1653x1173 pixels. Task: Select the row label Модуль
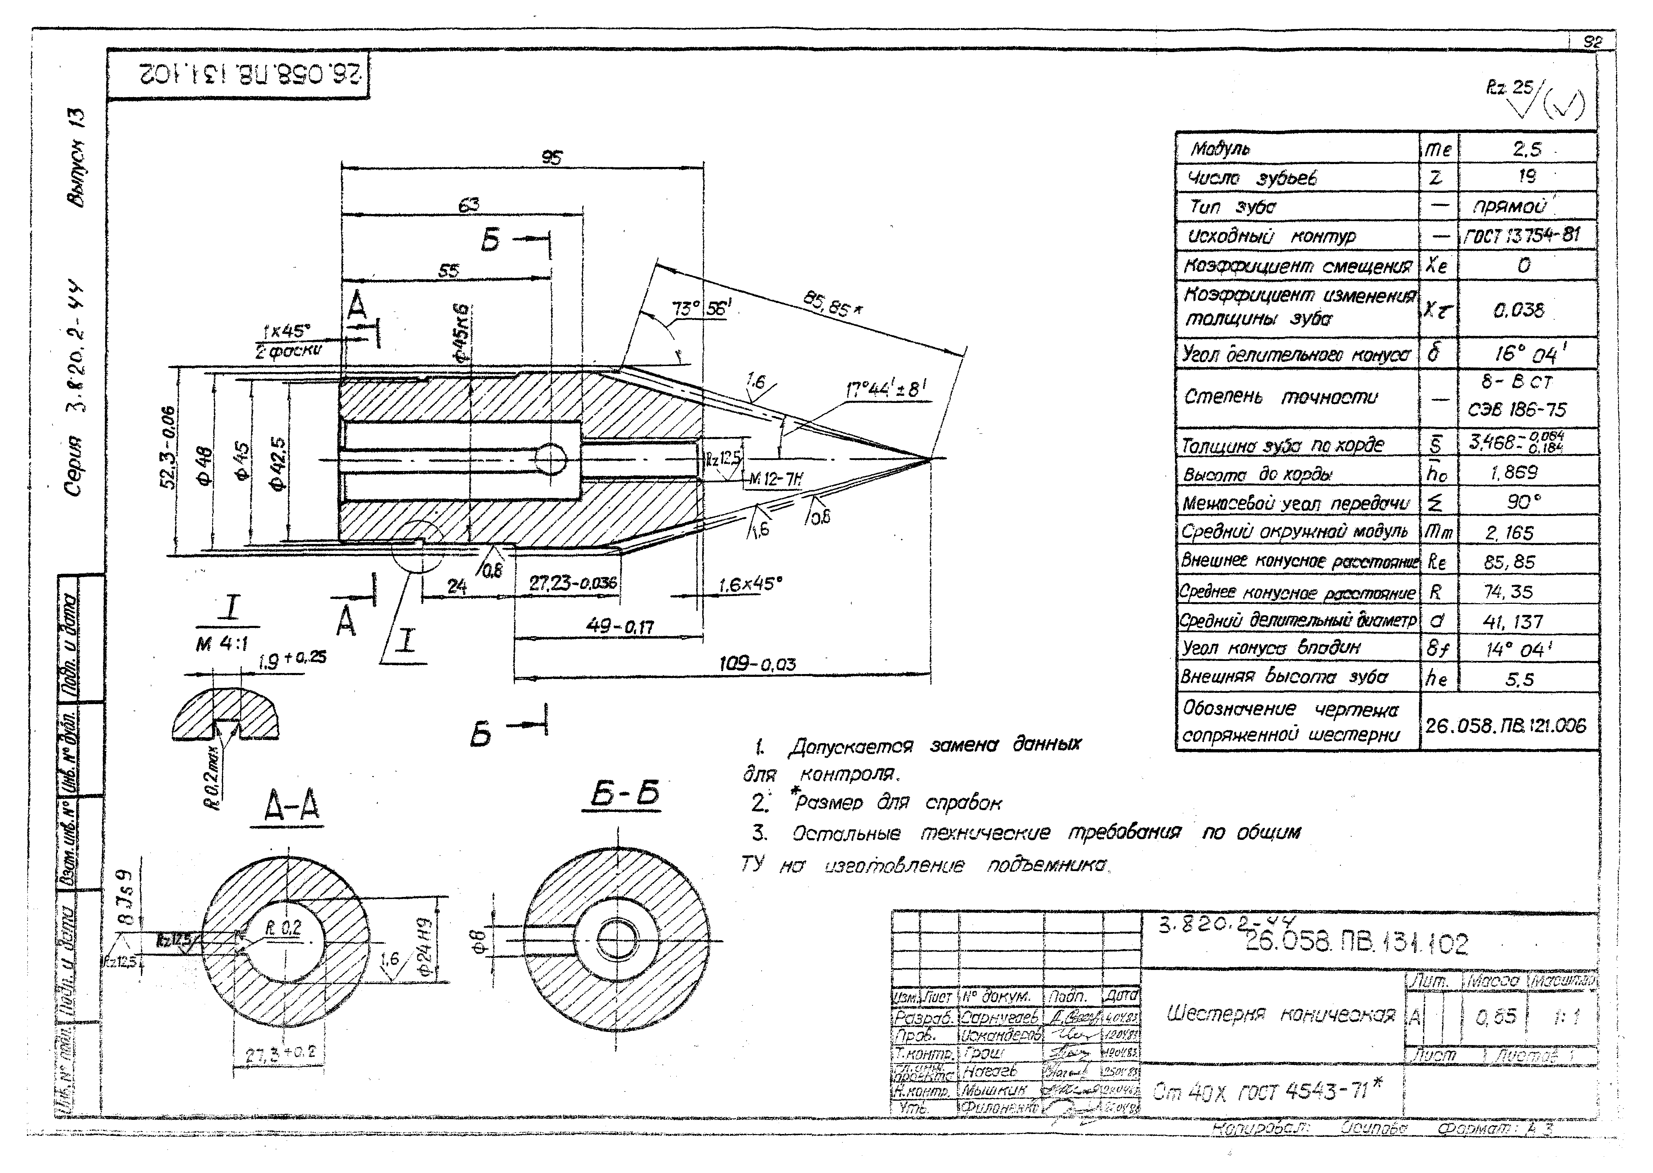1220,149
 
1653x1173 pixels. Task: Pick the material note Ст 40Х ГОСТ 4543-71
1267,1091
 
